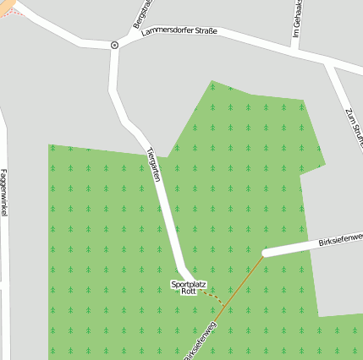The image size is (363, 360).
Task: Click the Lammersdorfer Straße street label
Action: click(x=179, y=31)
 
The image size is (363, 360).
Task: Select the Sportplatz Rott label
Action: click(x=188, y=287)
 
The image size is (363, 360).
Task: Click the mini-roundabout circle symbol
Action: click(x=114, y=44)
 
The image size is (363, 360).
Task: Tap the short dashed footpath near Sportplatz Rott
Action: click(x=215, y=297)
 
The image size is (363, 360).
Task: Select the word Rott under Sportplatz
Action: click(x=188, y=292)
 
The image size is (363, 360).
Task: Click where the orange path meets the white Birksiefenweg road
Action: click(x=264, y=254)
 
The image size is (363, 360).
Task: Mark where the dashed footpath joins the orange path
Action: click(x=226, y=304)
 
